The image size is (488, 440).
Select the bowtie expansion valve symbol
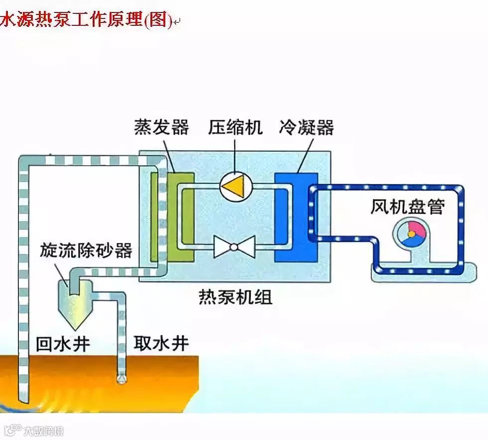click(x=234, y=246)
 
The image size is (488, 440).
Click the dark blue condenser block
click(x=296, y=217)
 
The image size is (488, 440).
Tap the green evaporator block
click(x=180, y=217)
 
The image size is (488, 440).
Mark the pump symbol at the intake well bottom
click(x=121, y=379)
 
